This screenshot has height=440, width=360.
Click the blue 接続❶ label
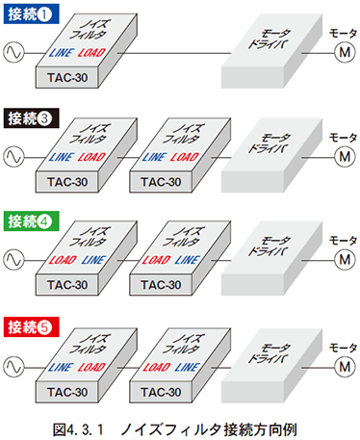(x=34, y=15)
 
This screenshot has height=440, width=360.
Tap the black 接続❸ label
(x=34, y=119)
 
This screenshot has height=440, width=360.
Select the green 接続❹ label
(x=34, y=222)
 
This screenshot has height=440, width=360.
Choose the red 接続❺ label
(x=34, y=324)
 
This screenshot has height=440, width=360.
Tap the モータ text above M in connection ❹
(x=343, y=239)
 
